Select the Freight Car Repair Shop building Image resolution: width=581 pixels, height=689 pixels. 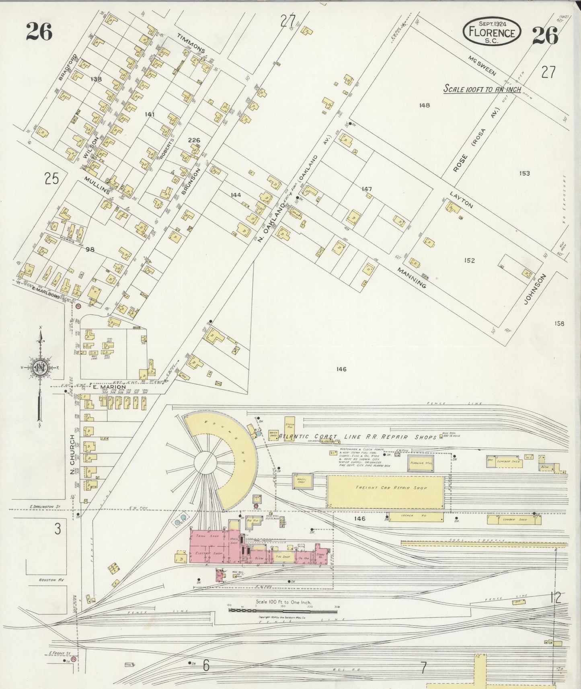coord(385,491)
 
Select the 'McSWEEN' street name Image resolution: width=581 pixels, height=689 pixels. coord(482,66)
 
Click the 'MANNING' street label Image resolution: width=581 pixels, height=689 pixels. coord(411,277)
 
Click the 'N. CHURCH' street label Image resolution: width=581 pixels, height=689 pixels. coord(73,454)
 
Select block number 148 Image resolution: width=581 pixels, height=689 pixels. coord(424,105)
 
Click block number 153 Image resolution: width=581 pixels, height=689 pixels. coord(524,173)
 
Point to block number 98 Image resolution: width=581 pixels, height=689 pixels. coord(90,249)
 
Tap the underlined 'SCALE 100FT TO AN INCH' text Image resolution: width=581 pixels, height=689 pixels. coord(482,89)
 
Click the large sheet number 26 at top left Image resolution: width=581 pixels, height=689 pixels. coord(39,32)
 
